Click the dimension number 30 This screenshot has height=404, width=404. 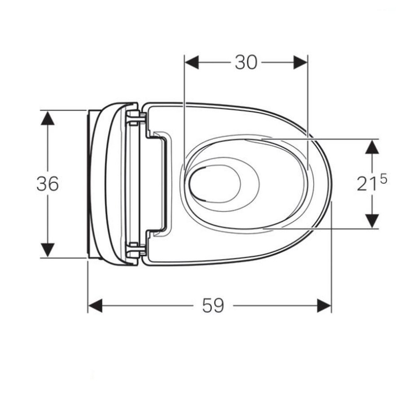(x=246, y=62)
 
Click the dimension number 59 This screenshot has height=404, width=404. (x=213, y=306)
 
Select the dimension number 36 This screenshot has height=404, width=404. (x=48, y=184)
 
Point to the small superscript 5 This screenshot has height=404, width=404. (x=383, y=179)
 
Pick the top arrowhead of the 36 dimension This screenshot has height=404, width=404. (x=48, y=118)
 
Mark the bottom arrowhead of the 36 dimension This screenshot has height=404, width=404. (x=48, y=250)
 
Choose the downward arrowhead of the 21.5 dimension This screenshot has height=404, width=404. (x=372, y=221)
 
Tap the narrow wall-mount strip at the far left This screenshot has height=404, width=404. (x=90, y=184)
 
